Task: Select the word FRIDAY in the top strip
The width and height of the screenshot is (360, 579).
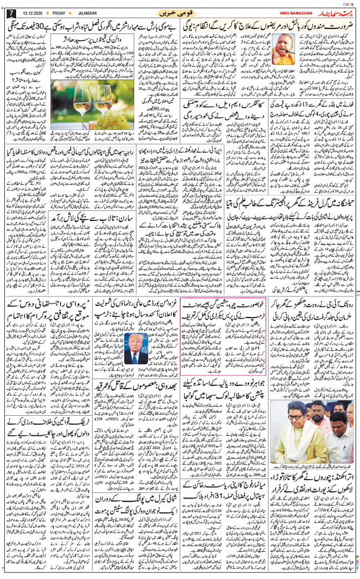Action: click(66, 12)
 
